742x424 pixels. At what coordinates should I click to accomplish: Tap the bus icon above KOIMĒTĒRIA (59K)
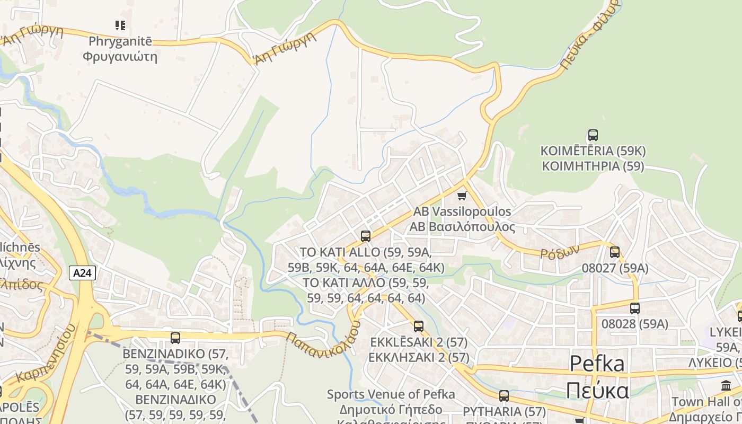pos(593,135)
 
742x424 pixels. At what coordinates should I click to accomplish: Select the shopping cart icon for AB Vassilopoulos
pos(462,196)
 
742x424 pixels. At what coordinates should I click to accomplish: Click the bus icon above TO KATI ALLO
pos(365,236)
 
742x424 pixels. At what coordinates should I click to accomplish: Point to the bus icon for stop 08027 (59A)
pos(615,252)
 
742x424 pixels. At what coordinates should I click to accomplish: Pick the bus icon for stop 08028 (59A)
pos(634,308)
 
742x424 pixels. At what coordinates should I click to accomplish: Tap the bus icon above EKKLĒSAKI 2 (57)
pos(419,326)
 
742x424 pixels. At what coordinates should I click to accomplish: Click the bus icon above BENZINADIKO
pos(175,338)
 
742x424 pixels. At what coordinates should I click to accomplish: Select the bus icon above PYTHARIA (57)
pos(503,395)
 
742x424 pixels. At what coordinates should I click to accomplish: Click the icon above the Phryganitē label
pos(120,25)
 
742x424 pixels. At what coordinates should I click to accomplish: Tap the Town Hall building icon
pos(726,386)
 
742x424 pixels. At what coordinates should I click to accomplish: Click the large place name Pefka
pos(597,364)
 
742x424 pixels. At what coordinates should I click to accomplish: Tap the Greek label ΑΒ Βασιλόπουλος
pos(462,227)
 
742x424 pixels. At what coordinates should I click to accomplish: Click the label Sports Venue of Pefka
pos(391,394)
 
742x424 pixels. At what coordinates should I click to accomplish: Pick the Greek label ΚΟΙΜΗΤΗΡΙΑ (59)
pos(593,166)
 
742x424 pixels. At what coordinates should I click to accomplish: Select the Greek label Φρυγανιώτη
pos(120,56)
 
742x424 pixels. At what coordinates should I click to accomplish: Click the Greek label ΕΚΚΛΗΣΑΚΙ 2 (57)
pos(419,357)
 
